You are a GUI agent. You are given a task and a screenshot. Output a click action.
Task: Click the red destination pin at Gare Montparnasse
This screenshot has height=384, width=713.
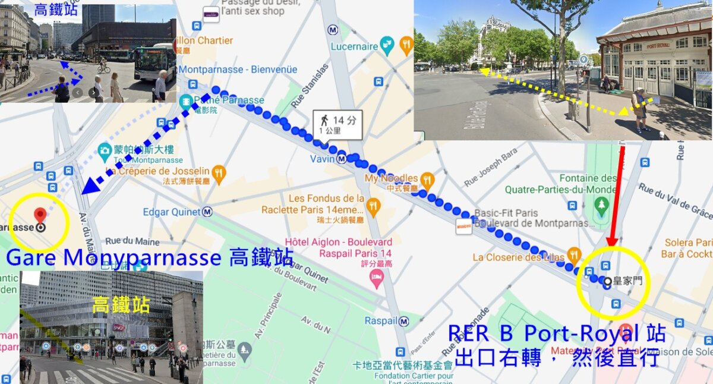click(40, 215)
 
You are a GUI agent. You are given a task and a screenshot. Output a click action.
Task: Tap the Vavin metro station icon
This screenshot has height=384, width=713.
click(342, 159)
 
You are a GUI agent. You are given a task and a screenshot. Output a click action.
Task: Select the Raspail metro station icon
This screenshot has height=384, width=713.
click(404, 321)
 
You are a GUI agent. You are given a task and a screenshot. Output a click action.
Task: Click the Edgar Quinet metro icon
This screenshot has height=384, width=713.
click(207, 212)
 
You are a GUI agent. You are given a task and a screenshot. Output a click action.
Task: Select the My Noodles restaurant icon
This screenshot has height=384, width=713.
click(427, 178)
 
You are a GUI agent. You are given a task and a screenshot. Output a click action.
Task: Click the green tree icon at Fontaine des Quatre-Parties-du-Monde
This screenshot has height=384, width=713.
click(602, 205)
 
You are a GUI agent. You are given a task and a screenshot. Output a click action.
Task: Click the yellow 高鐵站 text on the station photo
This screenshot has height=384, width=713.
click(120, 306)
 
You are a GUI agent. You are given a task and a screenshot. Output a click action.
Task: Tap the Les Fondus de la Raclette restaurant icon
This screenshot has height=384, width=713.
click(373, 205)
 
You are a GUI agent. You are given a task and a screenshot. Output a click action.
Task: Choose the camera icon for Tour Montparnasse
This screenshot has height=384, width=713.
click(105, 149)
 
